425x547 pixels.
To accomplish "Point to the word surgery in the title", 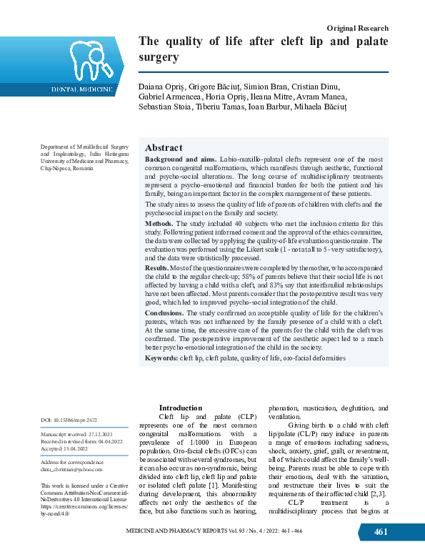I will point(158,56).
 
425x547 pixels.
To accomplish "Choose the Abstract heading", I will point(164,147).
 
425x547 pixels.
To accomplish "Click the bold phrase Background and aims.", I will point(175,159).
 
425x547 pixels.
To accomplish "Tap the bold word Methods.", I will point(161,224).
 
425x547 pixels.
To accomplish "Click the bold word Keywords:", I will point(161,357).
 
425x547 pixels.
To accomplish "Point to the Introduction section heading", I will point(181,408).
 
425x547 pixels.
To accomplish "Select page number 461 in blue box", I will point(381,532).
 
